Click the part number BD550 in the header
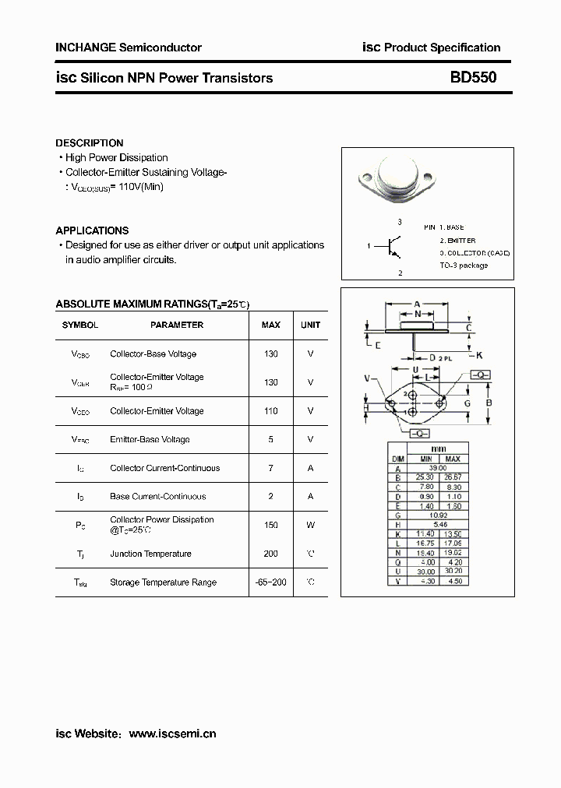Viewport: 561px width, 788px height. [472, 78]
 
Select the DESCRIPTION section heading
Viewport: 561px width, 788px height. [90, 143]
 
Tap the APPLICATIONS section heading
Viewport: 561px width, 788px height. [92, 230]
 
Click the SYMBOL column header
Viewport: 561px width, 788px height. [80, 325]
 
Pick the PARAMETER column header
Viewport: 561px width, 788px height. [177, 325]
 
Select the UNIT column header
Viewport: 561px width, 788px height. [310, 325]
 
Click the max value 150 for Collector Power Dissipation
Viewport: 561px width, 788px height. [270, 525]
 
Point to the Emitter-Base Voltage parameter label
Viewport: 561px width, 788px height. [150, 439]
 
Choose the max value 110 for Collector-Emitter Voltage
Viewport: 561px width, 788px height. [270, 410]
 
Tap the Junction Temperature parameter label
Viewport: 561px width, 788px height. [150, 554]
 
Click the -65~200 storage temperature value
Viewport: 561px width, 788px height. [270, 582]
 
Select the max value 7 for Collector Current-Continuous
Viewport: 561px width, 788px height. [270, 468]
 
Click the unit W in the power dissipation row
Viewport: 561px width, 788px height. [310, 525]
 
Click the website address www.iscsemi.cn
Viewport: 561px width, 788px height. [171, 733]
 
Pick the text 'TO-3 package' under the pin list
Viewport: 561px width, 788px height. [464, 266]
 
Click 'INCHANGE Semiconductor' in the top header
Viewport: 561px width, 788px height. [129, 47]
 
